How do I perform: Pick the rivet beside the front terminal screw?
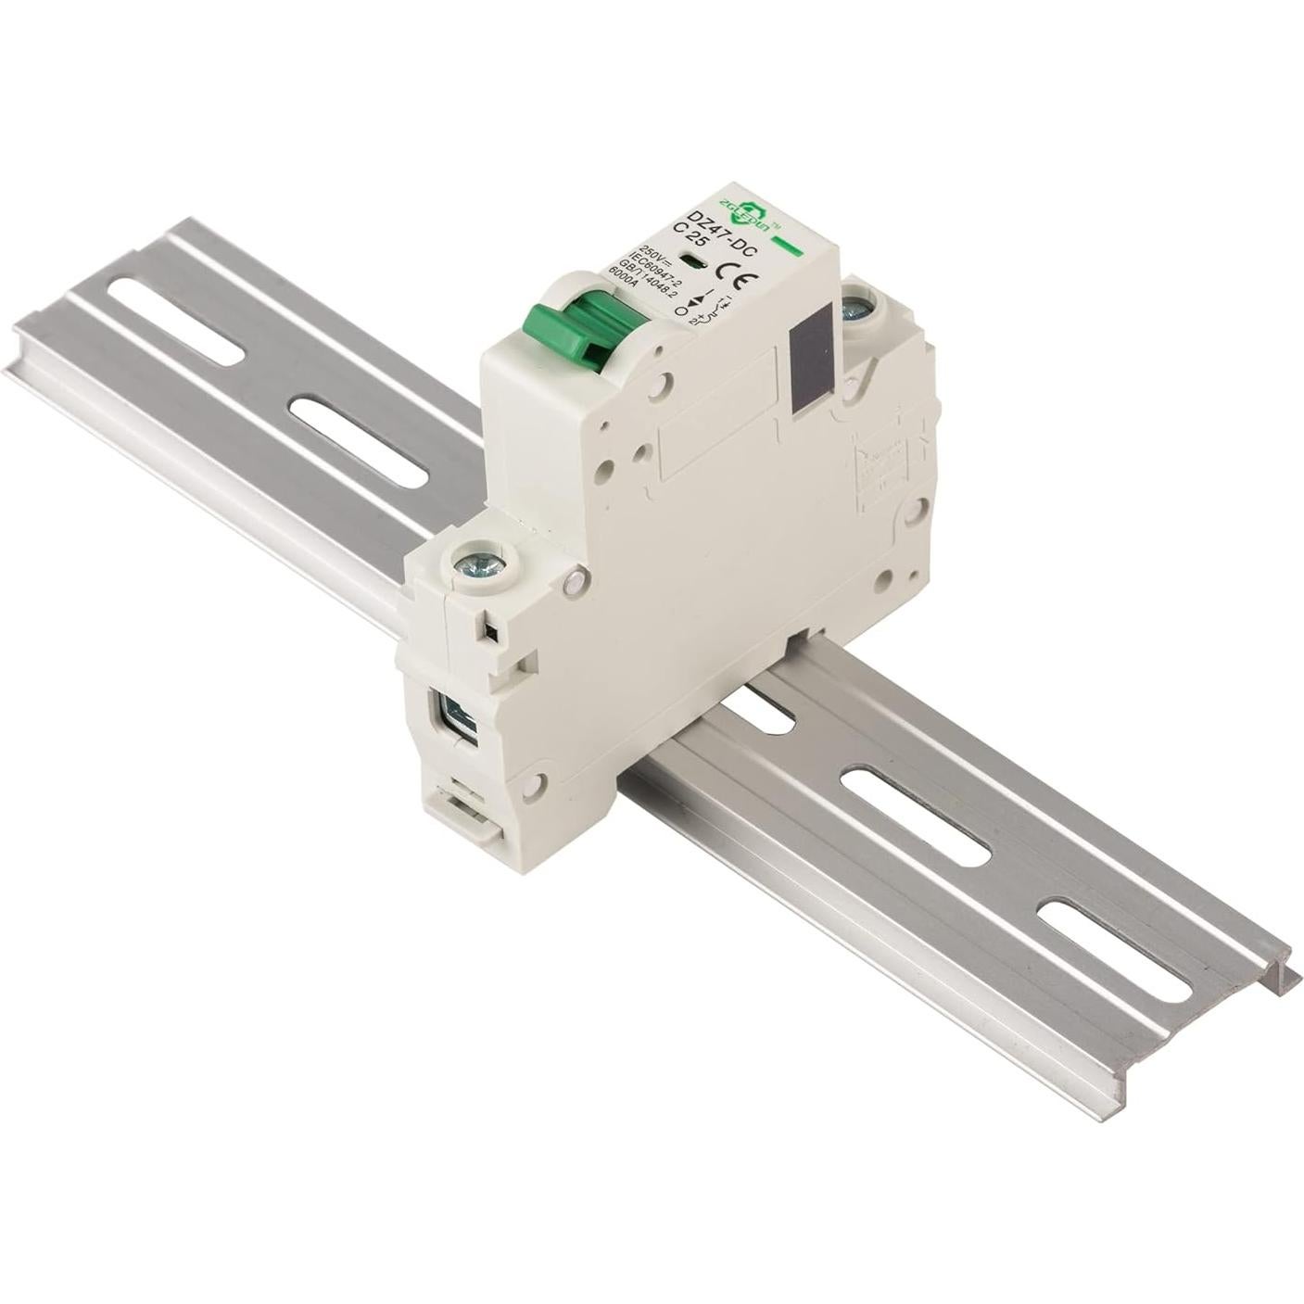(576, 580)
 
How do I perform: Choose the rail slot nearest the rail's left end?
(175, 320)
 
